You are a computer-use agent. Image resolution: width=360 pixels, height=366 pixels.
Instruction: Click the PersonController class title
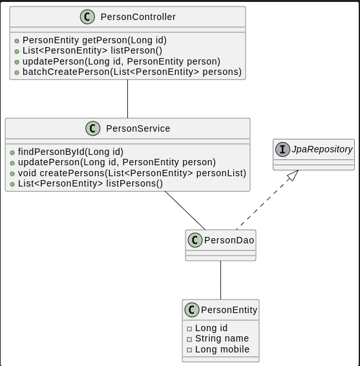point(138,17)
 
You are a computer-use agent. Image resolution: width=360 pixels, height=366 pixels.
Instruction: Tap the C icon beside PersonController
point(87,17)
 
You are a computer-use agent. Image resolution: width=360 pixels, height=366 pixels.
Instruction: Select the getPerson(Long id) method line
point(94,40)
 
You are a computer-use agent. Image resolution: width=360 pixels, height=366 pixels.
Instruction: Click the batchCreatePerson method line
point(132,72)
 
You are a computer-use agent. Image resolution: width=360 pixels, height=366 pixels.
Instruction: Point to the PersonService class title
point(138,128)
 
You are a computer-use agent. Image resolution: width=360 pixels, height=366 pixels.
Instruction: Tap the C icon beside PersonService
point(93,128)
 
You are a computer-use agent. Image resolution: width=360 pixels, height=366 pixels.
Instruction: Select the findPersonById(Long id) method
point(70,152)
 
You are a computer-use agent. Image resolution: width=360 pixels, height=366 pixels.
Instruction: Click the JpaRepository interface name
point(322,149)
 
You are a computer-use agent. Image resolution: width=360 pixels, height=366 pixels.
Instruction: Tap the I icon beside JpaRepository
point(282,149)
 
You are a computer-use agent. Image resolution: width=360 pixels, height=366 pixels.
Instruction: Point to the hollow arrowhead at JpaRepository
point(293,175)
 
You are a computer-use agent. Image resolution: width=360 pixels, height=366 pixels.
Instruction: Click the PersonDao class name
point(229,240)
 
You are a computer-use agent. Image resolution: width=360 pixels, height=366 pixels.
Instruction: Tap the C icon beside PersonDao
point(195,240)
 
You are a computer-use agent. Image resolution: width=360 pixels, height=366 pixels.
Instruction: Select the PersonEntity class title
point(229,310)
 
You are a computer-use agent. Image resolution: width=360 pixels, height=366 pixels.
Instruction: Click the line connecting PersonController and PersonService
point(127,99)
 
